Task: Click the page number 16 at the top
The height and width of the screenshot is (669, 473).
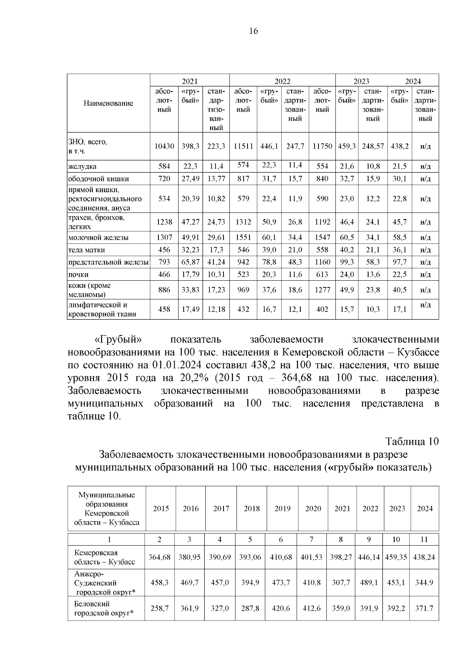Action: click(253, 31)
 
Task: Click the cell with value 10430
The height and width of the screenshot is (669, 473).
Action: click(164, 146)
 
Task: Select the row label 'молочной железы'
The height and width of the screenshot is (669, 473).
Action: click(99, 238)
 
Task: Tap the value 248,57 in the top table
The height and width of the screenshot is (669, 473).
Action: click(372, 146)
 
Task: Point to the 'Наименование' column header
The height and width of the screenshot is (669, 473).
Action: click(108, 103)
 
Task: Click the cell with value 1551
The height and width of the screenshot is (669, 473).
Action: click(243, 238)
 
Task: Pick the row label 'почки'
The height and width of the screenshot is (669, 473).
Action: click(78, 274)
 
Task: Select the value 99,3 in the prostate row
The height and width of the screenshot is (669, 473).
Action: click(347, 262)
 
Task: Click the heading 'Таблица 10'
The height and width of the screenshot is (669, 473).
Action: click(412, 441)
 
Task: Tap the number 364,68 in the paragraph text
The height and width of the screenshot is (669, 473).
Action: click(297, 378)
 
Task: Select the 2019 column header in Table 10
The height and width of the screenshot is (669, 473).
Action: click(282, 509)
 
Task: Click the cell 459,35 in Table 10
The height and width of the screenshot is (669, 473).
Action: click(397, 557)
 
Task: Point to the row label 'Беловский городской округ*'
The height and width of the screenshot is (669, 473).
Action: click(104, 608)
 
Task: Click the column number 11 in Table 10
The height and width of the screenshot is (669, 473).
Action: click(425, 540)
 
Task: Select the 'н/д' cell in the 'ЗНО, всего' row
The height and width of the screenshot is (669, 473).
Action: click(425, 146)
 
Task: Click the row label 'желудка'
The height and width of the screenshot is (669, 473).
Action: click(82, 167)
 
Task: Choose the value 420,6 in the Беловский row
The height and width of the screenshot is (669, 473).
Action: click(281, 608)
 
